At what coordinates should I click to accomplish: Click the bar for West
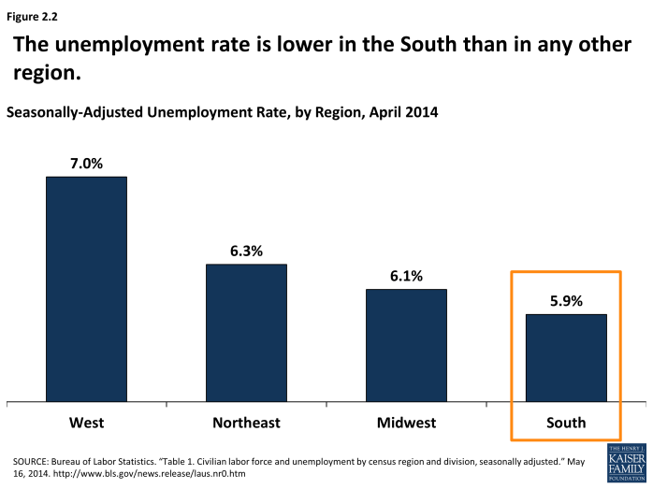pyautogui.click(x=86, y=290)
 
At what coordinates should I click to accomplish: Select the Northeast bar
pyautogui.click(x=246, y=334)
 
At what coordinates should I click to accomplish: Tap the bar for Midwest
pyautogui.click(x=406, y=346)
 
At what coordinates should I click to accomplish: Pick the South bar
pyautogui.click(x=566, y=358)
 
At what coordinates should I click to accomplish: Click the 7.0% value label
pyautogui.click(x=86, y=163)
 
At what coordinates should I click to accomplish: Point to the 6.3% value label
pyautogui.click(x=246, y=251)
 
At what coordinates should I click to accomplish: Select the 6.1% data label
pyautogui.click(x=406, y=276)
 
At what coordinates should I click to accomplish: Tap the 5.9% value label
pyautogui.click(x=566, y=301)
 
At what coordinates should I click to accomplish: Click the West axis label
pyautogui.click(x=86, y=423)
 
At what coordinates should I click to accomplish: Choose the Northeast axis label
pyautogui.click(x=246, y=423)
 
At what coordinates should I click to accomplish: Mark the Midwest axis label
pyautogui.click(x=406, y=423)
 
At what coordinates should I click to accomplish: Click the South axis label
pyautogui.click(x=566, y=423)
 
